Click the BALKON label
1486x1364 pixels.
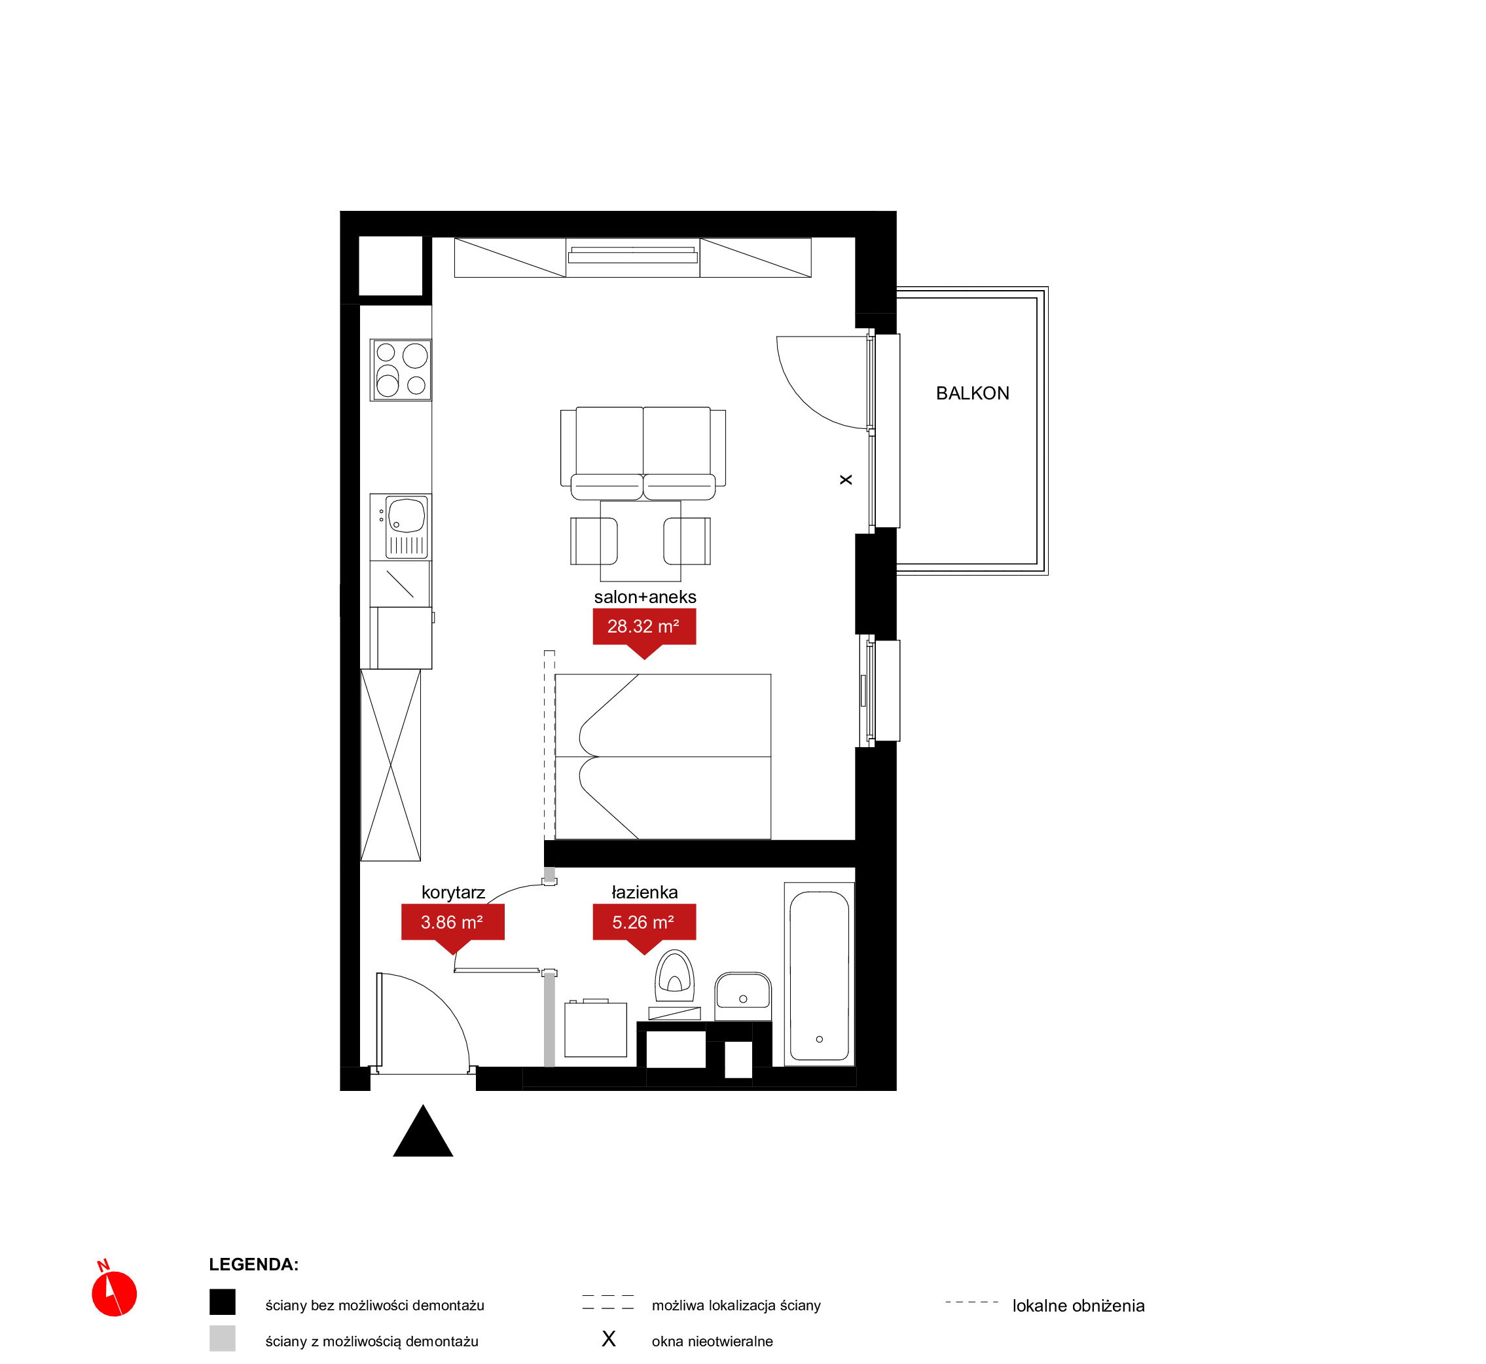click(x=973, y=394)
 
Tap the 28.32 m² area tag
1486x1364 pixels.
click(x=644, y=627)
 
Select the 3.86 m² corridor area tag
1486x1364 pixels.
click(x=452, y=923)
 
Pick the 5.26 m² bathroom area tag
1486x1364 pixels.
click(x=644, y=923)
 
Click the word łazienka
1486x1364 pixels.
click(x=644, y=893)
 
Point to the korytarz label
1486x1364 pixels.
click(x=453, y=893)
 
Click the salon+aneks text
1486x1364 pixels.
click(x=645, y=597)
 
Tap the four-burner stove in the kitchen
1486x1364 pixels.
click(x=401, y=370)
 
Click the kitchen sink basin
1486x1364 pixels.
click(x=407, y=515)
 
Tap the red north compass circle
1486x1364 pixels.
click(x=115, y=1294)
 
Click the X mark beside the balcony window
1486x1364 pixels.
click(x=846, y=480)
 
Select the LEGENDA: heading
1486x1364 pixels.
click(x=254, y=1264)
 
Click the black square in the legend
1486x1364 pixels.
click(x=222, y=1302)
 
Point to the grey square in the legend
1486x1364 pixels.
click(x=222, y=1338)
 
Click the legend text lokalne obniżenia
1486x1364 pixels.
click(x=1078, y=1306)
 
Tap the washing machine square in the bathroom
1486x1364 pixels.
click(x=596, y=1029)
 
